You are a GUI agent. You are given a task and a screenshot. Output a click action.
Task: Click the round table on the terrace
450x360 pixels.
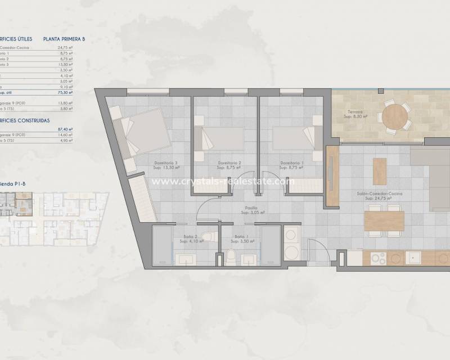395,116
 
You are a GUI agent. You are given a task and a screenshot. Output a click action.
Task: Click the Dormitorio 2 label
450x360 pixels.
229,165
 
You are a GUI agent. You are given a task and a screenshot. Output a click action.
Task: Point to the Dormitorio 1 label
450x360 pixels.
292,165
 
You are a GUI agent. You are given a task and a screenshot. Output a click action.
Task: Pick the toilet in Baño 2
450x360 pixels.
208,236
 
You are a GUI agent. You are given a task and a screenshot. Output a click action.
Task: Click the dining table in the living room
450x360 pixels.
384,220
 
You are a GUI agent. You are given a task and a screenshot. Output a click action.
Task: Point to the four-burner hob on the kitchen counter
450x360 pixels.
378,259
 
